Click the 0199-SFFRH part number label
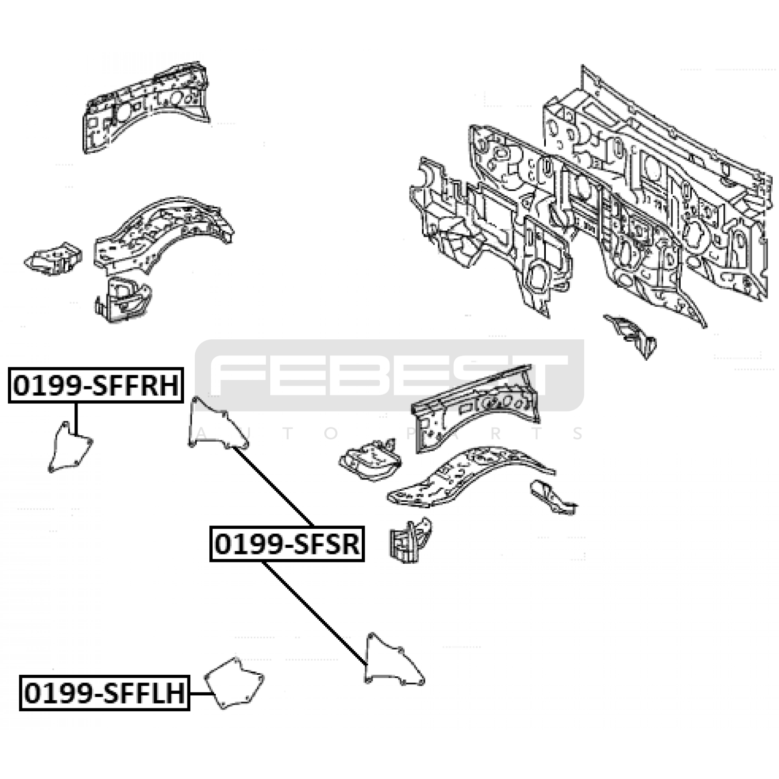[x=96, y=386]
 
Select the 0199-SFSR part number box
[x=287, y=544]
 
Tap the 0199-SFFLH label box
[x=105, y=693]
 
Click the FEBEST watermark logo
[x=389, y=375]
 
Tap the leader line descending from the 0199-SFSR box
[x=315, y=613]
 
